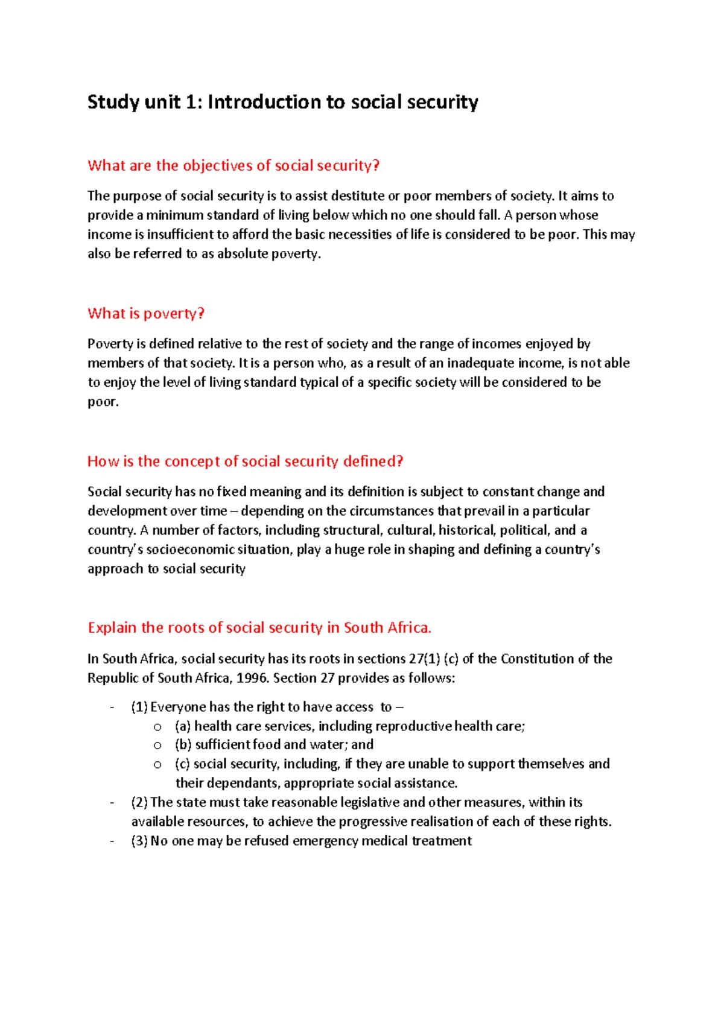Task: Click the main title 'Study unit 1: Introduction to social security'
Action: tap(282, 102)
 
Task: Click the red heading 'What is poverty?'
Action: tap(146, 313)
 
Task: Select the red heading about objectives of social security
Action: tap(233, 165)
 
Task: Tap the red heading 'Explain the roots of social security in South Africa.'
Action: tap(259, 627)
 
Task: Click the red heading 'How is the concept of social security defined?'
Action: tap(245, 461)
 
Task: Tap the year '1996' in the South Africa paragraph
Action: tap(252, 678)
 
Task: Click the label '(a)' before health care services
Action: tap(183, 726)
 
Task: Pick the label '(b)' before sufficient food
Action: tap(183, 745)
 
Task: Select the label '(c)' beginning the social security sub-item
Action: tap(182, 764)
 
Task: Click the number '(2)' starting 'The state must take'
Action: tap(139, 802)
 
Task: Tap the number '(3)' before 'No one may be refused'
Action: tap(139, 841)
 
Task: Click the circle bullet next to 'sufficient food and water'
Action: tap(157, 746)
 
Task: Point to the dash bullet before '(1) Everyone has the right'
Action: tap(112, 708)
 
